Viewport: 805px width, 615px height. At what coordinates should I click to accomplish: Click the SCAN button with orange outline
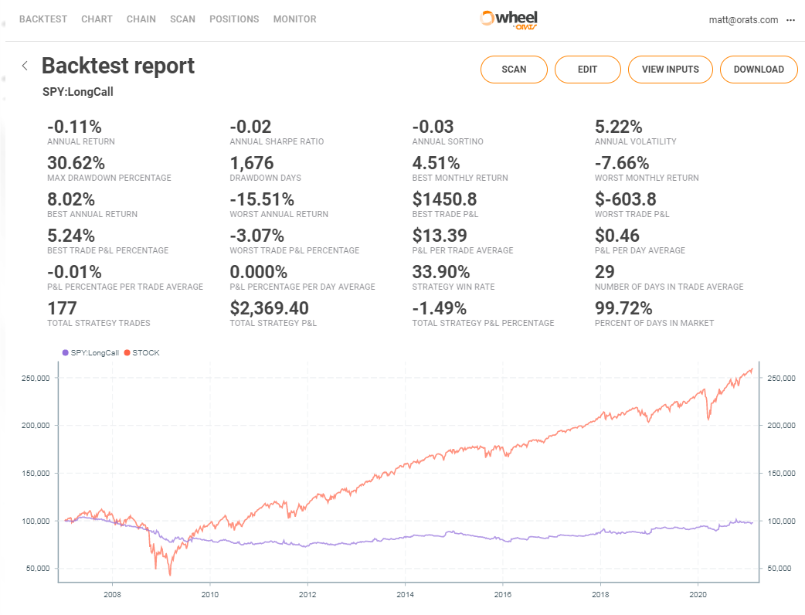514,70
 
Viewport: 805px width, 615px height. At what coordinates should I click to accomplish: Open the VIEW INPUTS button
670,70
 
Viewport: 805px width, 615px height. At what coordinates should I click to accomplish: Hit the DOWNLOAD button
759,70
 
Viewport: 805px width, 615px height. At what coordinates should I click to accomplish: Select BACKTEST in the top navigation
43,19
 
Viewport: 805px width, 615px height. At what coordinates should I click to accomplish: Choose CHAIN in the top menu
141,19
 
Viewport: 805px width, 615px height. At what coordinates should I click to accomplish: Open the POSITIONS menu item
234,19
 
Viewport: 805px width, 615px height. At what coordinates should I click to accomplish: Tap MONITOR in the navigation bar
294,19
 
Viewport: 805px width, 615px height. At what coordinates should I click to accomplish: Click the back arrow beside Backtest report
25,66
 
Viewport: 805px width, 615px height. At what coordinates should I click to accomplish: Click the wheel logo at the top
509,19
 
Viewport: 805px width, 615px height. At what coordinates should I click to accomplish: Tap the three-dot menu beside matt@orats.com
790,20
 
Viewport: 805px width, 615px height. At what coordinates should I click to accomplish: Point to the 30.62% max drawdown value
76,163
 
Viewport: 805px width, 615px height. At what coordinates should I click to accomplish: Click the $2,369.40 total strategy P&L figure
270,308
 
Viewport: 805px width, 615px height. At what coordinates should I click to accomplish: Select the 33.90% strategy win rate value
441,272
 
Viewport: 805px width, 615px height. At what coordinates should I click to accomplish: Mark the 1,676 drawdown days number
252,163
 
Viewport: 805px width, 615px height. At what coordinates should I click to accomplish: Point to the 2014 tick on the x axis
405,595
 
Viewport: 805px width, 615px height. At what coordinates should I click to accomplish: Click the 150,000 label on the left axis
33,473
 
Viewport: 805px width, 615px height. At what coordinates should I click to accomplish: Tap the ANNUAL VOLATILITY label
635,141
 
